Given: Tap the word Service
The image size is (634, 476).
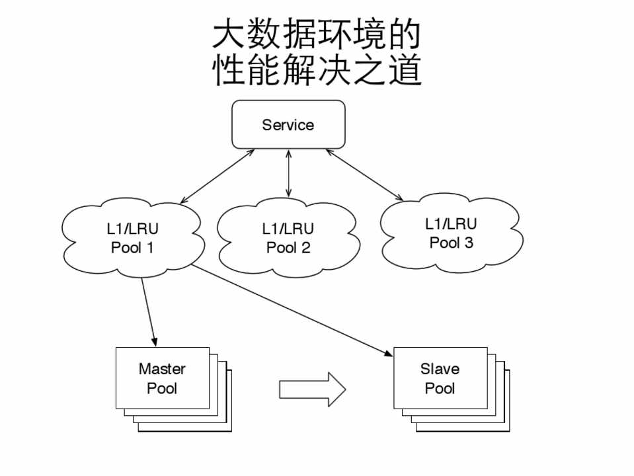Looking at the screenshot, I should pyautogui.click(x=288, y=125).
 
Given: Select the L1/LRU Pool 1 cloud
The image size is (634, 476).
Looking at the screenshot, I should pyautogui.click(x=132, y=238).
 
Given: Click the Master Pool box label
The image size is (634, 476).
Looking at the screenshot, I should pyautogui.click(x=162, y=378).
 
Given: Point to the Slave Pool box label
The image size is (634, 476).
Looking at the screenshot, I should pyautogui.click(x=440, y=378).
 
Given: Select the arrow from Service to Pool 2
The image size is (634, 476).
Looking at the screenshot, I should pyautogui.click(x=288, y=173).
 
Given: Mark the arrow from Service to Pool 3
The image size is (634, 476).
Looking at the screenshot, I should pyautogui.click(x=364, y=175).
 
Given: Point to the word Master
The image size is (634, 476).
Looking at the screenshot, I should pyautogui.click(x=162, y=369).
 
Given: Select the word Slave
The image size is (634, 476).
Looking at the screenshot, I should pyautogui.click(x=440, y=369).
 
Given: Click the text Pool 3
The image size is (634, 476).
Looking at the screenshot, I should pyautogui.click(x=451, y=243).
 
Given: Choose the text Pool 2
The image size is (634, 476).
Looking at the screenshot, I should pyautogui.click(x=288, y=249).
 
